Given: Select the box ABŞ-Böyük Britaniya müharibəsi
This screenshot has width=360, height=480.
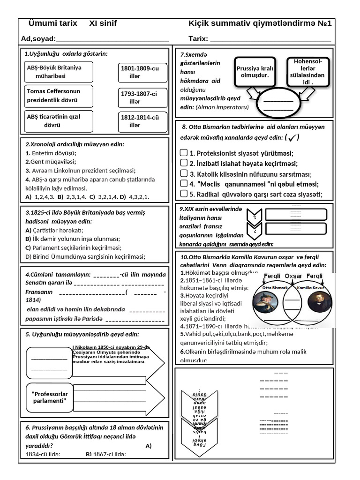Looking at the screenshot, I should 59,71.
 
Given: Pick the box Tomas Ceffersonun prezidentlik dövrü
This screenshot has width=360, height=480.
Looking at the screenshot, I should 59,96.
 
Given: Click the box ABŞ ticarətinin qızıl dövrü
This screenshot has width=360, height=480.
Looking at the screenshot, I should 59,121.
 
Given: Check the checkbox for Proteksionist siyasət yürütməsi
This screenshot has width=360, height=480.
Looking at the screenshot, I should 184,153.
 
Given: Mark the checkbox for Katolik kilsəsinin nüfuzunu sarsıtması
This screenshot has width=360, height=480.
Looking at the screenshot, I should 184,173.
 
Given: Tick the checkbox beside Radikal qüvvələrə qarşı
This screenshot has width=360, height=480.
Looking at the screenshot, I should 184,194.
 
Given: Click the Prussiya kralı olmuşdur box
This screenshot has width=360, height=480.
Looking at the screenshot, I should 255,72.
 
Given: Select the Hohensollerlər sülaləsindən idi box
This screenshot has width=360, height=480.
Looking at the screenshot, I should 308,72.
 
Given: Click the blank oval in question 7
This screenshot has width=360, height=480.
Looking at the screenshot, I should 278,104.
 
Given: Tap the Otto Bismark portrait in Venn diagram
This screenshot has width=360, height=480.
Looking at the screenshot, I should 266,302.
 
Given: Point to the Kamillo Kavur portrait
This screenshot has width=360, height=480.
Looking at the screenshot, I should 320,302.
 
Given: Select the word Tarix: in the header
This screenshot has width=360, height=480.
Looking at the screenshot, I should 198,38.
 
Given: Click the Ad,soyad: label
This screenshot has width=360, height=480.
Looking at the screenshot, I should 38,38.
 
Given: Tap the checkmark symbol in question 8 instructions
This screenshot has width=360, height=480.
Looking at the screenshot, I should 292,138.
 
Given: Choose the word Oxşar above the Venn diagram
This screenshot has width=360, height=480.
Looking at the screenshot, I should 293,276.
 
